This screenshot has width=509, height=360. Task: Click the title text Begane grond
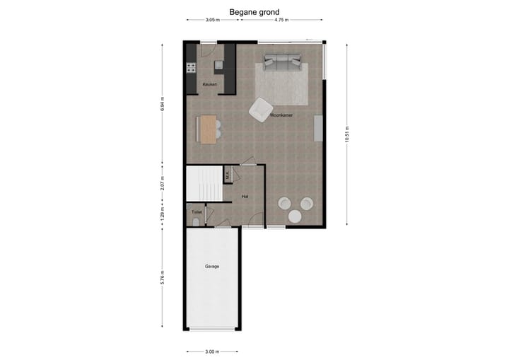coord(254,12)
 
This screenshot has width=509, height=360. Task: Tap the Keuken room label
coord(209,85)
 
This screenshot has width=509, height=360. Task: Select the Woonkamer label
coord(281,114)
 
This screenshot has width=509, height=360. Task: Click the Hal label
coord(245,196)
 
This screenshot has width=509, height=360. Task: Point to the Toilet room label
coord(196,211)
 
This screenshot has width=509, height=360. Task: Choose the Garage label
coord(212,267)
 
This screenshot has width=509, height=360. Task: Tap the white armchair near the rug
coord(260,109)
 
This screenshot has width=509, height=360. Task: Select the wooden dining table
coord(208,129)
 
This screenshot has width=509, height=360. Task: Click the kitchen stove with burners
coord(190,69)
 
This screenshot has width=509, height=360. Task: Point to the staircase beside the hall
coord(204,184)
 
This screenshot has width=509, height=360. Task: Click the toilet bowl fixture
coord(194,221)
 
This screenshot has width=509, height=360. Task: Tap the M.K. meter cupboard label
coord(228,174)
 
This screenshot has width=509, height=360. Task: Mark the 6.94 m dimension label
coord(162,105)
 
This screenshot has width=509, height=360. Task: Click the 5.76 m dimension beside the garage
coord(162,277)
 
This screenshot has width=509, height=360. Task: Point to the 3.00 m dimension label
coord(212,351)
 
